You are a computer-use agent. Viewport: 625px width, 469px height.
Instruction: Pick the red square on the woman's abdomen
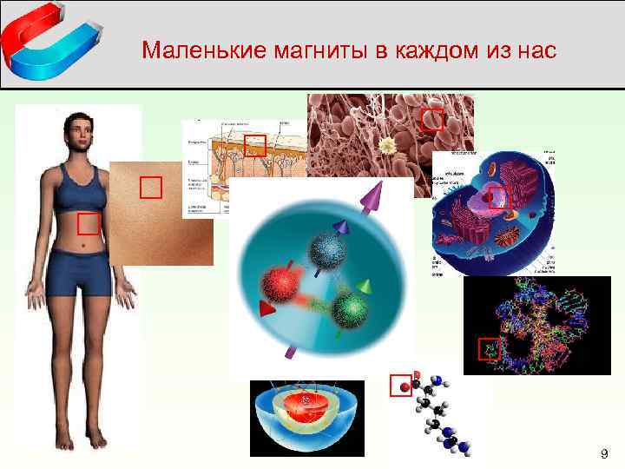pyautogui.click(x=89, y=224)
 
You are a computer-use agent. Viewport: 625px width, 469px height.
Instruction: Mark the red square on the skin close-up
pyautogui.click(x=151, y=188)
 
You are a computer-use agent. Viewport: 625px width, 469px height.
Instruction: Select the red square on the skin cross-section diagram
pyautogui.click(x=254, y=145)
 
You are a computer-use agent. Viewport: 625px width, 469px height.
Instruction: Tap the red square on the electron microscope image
pyautogui.click(x=432, y=120)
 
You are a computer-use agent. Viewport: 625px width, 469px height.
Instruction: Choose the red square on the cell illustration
pyautogui.click(x=497, y=197)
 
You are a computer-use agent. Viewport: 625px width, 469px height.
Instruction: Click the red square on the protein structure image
pyautogui.click(x=490, y=349)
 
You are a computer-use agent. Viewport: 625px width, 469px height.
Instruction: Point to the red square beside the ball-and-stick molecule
pyautogui.click(x=400, y=385)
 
